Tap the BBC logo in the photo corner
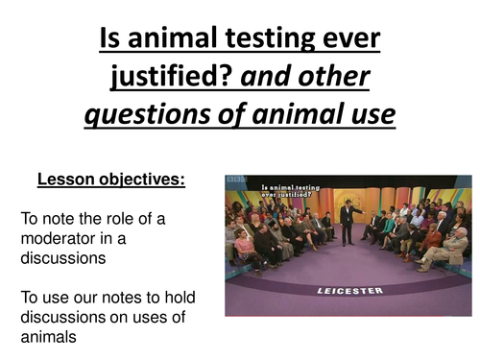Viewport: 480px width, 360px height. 238,181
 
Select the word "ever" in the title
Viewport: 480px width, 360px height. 356,39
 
